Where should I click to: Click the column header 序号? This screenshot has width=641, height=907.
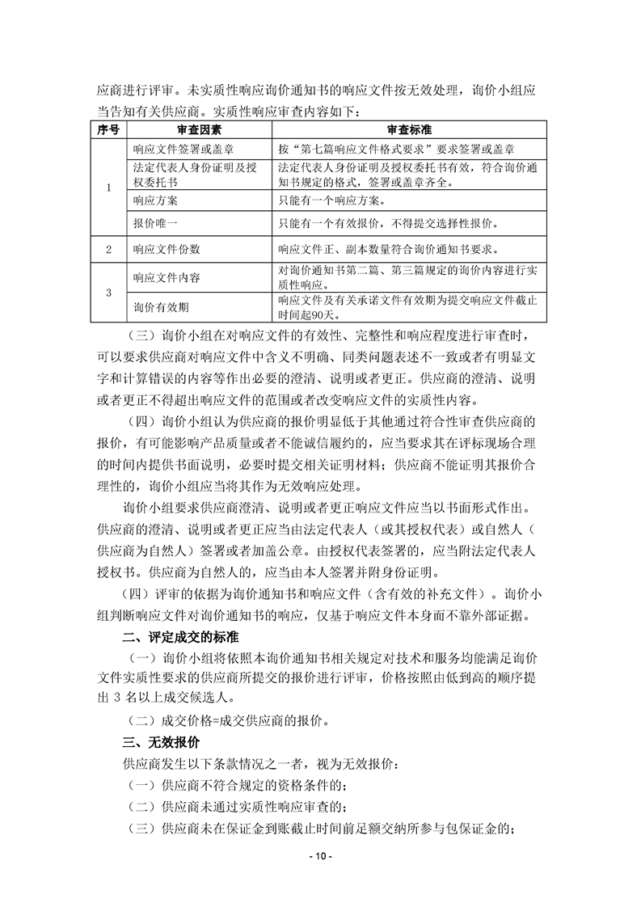tap(109, 130)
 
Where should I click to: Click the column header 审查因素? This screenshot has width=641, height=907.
tap(198, 130)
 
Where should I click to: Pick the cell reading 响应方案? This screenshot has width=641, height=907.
tap(150, 200)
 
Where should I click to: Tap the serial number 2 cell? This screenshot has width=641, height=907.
tap(109, 250)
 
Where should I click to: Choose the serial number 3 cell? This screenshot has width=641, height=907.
tap(109, 292)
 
